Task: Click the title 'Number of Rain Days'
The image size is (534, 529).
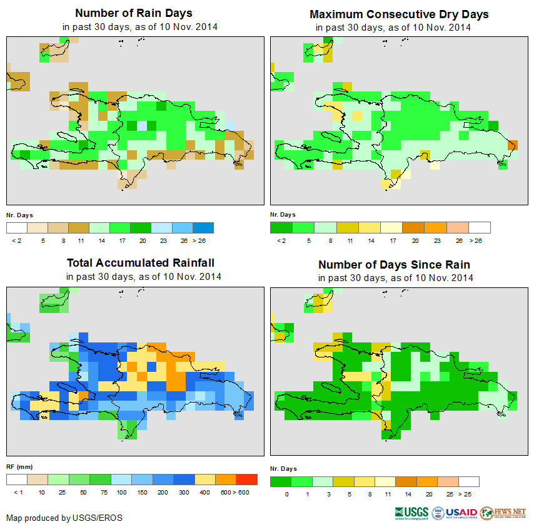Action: tap(133, 13)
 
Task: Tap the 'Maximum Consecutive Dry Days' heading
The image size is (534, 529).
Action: tap(399, 14)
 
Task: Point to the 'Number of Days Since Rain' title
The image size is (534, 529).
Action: tap(394, 264)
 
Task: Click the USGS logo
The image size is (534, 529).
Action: tap(411, 513)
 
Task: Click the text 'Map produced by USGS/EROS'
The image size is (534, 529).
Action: tap(64, 518)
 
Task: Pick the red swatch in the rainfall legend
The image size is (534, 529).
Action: tap(247, 480)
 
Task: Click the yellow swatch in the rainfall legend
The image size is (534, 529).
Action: tap(204, 480)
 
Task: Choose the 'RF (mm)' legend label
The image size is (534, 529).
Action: tap(19, 467)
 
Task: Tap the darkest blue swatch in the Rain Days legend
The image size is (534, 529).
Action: tap(204, 227)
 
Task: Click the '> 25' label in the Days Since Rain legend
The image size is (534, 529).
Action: tap(469, 495)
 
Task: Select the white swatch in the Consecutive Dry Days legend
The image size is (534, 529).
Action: tap(480, 227)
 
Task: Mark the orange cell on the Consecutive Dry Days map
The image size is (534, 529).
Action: tap(512, 145)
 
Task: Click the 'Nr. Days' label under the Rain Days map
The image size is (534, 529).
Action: tap(19, 215)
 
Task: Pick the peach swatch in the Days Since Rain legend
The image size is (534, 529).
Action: tap(448, 481)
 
